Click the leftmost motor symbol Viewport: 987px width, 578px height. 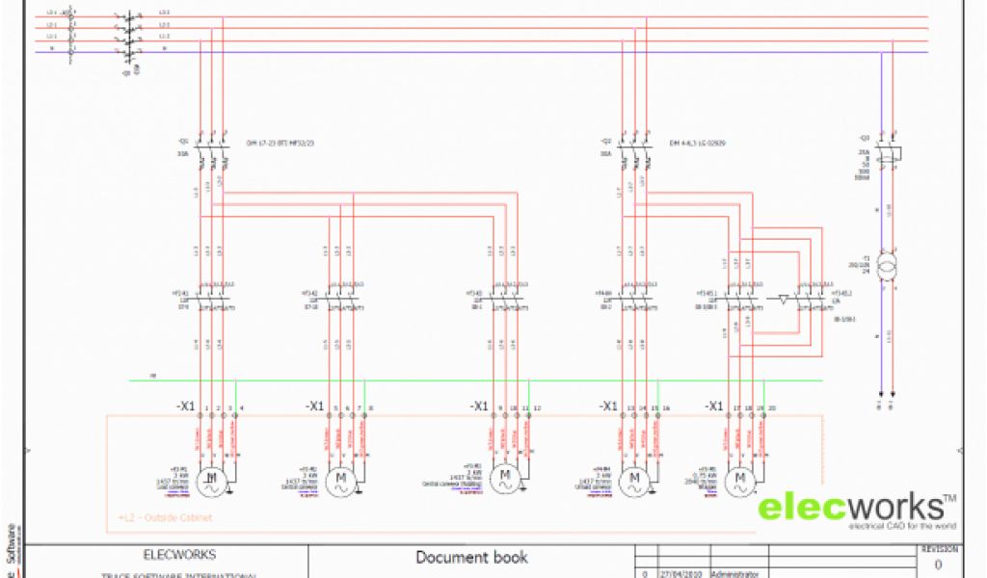tap(210, 481)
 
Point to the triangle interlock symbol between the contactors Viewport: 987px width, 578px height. tap(782, 299)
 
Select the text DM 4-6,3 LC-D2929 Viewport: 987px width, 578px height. tap(698, 144)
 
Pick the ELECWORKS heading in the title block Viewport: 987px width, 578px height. tap(179, 555)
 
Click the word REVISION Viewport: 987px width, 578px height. tap(940, 549)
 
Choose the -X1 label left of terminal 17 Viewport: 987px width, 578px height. tap(714, 407)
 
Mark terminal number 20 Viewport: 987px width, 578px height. tap(771, 408)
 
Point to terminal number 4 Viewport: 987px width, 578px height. tap(241, 408)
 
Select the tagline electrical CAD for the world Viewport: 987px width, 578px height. tap(901, 527)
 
